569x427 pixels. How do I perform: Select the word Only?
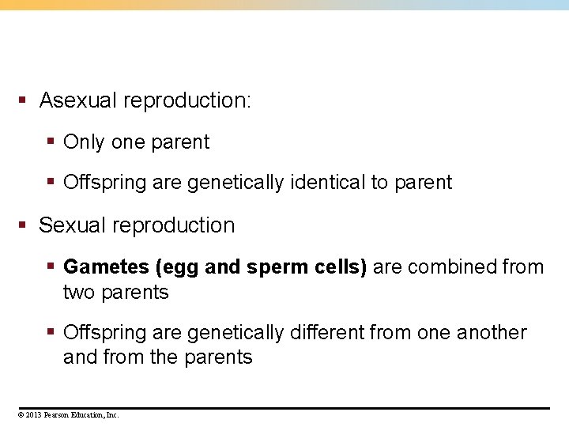click(84, 142)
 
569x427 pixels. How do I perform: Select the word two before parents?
click(78, 293)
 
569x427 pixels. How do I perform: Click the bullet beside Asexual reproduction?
click(24, 101)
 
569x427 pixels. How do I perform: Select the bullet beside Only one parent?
click(50, 142)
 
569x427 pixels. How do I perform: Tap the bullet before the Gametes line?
click(50, 267)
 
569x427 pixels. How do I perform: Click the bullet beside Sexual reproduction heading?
click(24, 225)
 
